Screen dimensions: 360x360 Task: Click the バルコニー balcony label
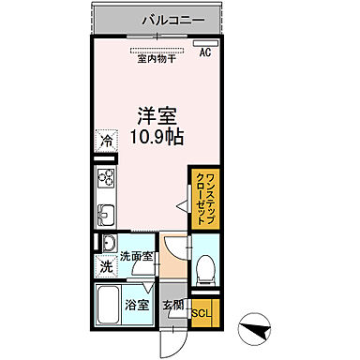coord(169,18)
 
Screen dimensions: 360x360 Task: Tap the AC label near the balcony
coord(205,53)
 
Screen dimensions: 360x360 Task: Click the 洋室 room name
coord(157,116)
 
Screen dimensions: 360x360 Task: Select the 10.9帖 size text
coord(157,136)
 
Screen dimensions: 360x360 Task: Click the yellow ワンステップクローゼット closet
coord(202,198)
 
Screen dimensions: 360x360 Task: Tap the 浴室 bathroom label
coord(137,304)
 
